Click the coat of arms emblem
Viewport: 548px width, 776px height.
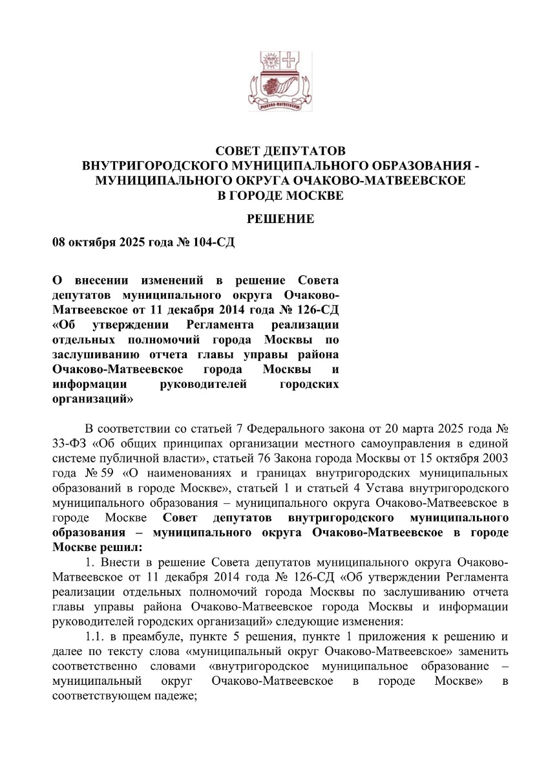(280, 83)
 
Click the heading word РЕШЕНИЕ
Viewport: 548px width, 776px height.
(280, 219)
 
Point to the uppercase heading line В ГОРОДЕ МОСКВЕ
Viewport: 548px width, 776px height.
(280, 194)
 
